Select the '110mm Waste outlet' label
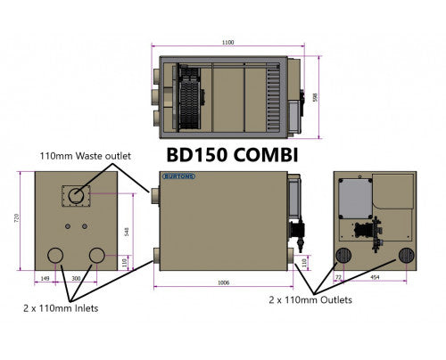click(84, 155)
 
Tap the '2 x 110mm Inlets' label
click(62, 307)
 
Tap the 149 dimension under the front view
click(45, 278)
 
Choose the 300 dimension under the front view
click(77, 278)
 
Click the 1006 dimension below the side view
click(223, 282)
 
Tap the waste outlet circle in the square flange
click(76, 197)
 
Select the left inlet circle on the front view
click(56, 257)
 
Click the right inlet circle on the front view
click(97, 257)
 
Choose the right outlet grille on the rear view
click(405, 256)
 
